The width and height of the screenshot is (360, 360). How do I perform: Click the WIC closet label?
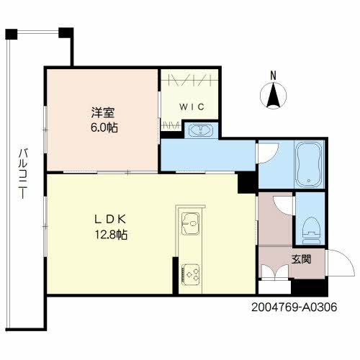pos(192,107)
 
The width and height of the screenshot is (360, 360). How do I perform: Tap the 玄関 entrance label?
pos(301,258)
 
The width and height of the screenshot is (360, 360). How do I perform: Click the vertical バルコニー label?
pos(23,174)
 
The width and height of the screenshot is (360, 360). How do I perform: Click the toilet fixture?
pos(310,228)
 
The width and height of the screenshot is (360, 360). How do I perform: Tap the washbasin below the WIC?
pos(199,130)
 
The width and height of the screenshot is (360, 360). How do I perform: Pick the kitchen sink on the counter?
pos(189,223)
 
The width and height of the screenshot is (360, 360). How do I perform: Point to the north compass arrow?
pos(272,95)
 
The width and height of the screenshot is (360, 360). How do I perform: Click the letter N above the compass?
pos(272,75)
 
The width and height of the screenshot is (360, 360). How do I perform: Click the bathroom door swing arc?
pos(266,153)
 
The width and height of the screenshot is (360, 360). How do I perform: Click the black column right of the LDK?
pos(247,183)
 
